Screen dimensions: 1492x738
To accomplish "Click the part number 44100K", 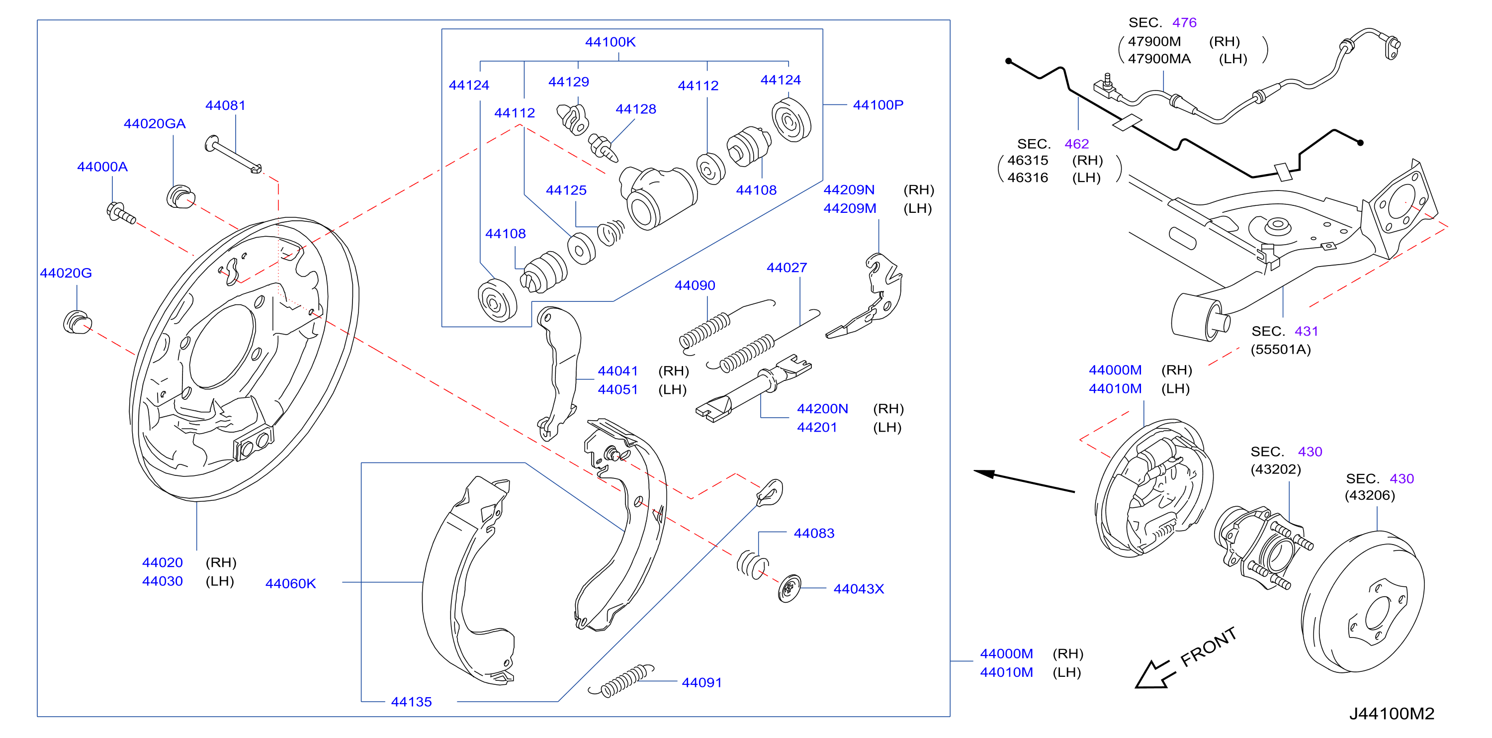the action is point(610,42).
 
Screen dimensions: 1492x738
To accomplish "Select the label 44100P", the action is point(878,105).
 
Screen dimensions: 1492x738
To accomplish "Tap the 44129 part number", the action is point(568,82).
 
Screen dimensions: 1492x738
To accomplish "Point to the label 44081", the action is point(225,105).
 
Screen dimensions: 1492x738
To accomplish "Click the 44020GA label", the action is point(155,123).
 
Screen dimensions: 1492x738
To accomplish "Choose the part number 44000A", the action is point(102,167).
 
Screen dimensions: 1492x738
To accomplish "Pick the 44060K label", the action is point(290,583).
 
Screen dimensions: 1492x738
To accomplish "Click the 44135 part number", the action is point(411,702).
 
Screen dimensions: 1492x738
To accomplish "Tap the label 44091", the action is point(702,682).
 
